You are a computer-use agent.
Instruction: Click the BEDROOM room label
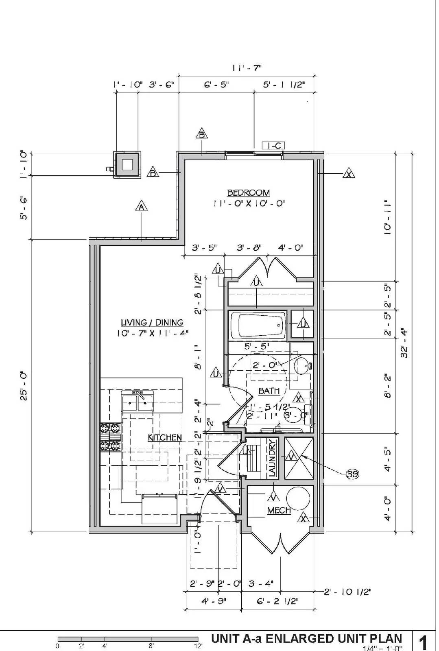[x=248, y=192]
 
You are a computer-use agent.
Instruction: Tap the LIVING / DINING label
[x=152, y=323]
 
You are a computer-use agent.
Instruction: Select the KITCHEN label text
[x=165, y=438]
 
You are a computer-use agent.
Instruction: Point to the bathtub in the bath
[x=257, y=324]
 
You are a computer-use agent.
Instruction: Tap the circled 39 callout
[x=352, y=474]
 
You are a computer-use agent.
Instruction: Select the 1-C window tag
[x=273, y=145]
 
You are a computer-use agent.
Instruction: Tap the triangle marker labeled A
[x=141, y=207]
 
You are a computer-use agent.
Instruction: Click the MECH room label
[x=279, y=510]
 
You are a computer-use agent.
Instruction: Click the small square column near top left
[x=127, y=164]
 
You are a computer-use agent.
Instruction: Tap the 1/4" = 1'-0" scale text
[x=382, y=648]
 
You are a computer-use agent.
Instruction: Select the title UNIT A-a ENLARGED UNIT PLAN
[x=306, y=638]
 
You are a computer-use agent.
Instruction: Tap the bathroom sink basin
[x=301, y=366]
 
